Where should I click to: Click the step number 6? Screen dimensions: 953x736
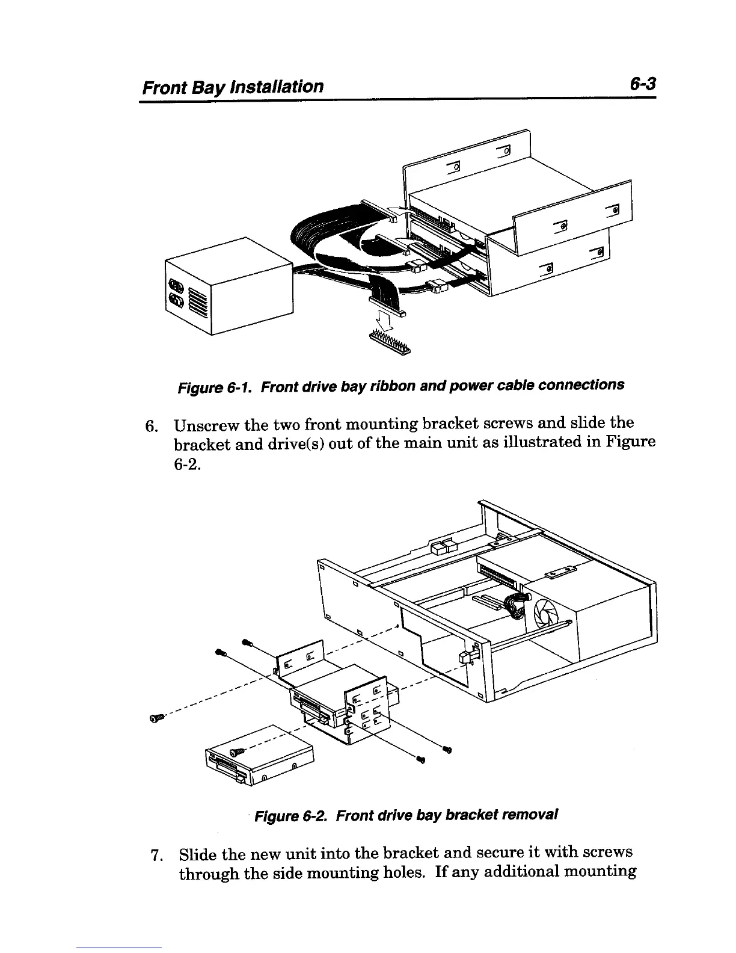(x=151, y=425)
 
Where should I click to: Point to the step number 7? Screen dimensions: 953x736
(x=156, y=854)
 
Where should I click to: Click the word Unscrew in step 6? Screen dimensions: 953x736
(x=203, y=425)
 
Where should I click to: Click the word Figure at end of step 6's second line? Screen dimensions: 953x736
(x=627, y=443)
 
